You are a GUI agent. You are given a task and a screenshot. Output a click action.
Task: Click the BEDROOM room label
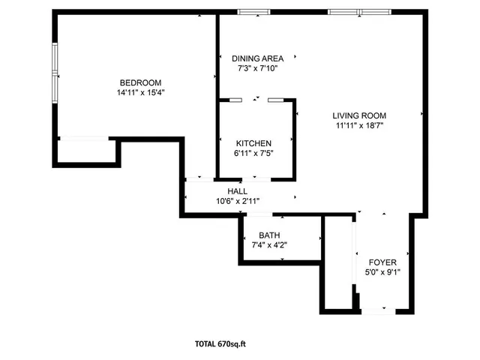click(140, 82)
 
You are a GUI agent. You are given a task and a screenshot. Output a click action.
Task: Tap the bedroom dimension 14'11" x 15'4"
click(140, 93)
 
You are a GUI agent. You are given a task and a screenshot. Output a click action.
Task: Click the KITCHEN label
click(253, 143)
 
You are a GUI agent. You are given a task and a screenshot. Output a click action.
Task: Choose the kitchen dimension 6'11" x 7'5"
click(253, 154)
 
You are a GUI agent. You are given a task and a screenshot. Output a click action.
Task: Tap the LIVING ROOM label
click(361, 115)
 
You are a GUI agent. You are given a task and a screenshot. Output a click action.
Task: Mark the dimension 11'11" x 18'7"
click(361, 126)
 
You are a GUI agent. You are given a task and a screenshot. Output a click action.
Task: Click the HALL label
click(237, 191)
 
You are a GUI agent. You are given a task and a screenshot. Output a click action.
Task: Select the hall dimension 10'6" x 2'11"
click(237, 201)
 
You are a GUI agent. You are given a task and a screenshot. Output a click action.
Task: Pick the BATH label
click(269, 235)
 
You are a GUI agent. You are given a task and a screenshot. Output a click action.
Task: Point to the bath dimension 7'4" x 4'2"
click(269, 245)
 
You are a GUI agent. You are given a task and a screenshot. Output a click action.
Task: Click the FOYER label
click(382, 262)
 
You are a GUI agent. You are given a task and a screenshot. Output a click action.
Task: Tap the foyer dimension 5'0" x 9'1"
click(382, 272)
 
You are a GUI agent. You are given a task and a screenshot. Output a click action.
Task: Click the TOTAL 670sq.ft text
click(220, 344)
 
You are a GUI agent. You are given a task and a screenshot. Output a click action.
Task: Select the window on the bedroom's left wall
click(55, 73)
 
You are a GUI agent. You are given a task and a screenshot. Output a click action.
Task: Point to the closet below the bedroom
click(85, 150)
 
